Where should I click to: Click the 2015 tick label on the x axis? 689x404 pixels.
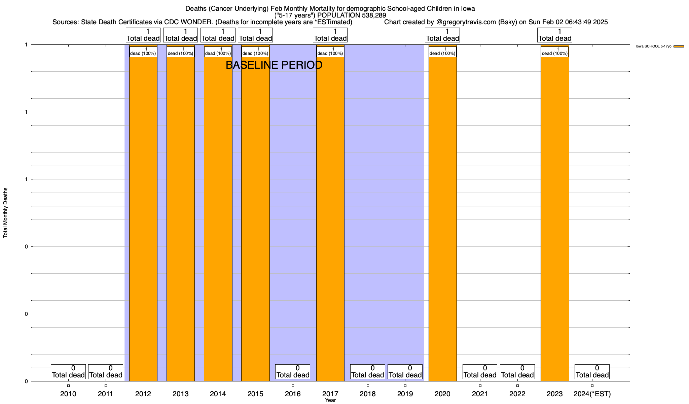[x=255, y=394]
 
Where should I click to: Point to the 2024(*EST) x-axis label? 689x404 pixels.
[x=592, y=394]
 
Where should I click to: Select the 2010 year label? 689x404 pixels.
[x=68, y=394]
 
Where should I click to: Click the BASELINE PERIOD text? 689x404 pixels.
[x=274, y=65]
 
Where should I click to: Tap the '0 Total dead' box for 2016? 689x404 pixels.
[x=293, y=372]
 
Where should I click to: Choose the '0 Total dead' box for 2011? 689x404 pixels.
[x=106, y=372]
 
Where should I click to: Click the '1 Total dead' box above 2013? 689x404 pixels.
[x=181, y=35]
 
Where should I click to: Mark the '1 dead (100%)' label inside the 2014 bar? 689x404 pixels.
[x=218, y=52]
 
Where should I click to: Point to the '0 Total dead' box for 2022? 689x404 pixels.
[x=517, y=372]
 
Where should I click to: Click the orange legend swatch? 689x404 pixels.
[x=679, y=46]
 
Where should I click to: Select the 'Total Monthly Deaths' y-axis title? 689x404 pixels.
[x=5, y=213]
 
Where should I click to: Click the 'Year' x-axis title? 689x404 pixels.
[x=330, y=400]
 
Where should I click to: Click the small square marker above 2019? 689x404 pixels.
[x=405, y=385]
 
